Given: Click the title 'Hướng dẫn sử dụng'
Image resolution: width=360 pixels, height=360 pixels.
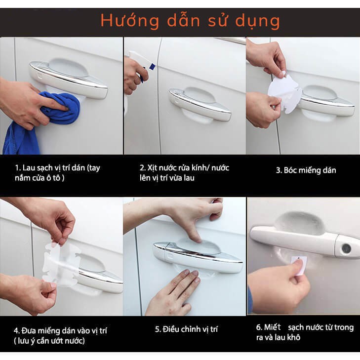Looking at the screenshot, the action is tap(190, 21).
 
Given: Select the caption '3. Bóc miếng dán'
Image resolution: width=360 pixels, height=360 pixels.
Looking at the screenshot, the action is tap(306, 170).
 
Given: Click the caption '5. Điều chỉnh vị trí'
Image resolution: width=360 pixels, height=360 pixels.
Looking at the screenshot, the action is tap(186, 329).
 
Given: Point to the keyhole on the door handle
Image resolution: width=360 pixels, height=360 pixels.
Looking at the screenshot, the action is tap(346, 249).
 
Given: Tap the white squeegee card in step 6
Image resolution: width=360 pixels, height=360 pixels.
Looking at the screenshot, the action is tap(299, 265).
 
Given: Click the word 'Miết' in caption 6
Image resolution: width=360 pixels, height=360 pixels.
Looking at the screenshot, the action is tap(272, 327).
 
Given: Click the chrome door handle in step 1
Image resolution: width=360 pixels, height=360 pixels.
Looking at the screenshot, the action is tap(69, 79).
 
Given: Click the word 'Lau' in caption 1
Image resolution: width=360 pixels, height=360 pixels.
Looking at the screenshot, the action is tap(28, 168).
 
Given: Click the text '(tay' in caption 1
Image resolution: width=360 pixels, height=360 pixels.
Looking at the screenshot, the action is tap(94, 168).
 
